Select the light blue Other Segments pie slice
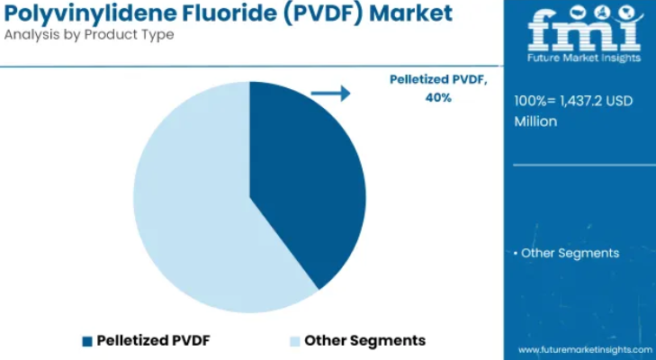193,210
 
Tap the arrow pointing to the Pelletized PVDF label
330,94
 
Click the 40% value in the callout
438,98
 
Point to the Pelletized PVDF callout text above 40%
438,79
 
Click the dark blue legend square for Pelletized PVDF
87,341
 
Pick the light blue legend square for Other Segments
295,341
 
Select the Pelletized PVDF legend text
153,340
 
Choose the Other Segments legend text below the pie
364,340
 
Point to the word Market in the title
411,13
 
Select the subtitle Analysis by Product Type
89,35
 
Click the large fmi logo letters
584,31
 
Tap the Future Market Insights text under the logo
584,58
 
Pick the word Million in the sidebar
535,121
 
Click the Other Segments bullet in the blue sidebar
567,253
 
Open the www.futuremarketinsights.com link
585,349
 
